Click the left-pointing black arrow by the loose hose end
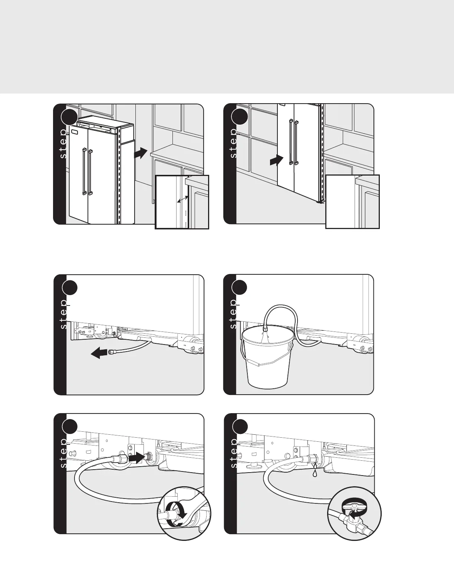click(99, 353)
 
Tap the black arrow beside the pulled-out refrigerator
click(141, 153)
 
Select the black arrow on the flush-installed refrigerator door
click(276, 161)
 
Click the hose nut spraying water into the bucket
click(265, 330)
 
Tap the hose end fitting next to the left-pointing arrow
click(111, 352)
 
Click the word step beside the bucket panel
click(233, 314)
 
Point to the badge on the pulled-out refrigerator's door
click(75, 132)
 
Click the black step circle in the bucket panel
click(239, 288)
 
